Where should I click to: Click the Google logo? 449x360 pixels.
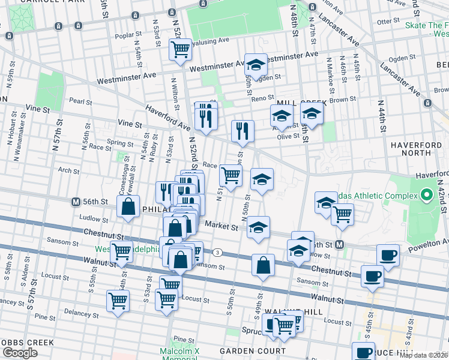(20, 353)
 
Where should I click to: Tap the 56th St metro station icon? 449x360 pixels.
(76, 202)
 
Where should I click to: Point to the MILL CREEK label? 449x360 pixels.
(294, 103)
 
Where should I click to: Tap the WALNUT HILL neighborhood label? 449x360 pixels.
(297, 313)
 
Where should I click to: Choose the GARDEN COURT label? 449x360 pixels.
(252, 350)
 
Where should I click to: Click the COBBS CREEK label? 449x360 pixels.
(27, 343)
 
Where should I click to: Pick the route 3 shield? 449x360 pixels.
(217, 252)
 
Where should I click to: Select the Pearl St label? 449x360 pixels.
(80, 101)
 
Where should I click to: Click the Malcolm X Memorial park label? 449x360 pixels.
(178, 355)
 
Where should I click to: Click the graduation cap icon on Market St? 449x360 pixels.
(258, 228)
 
